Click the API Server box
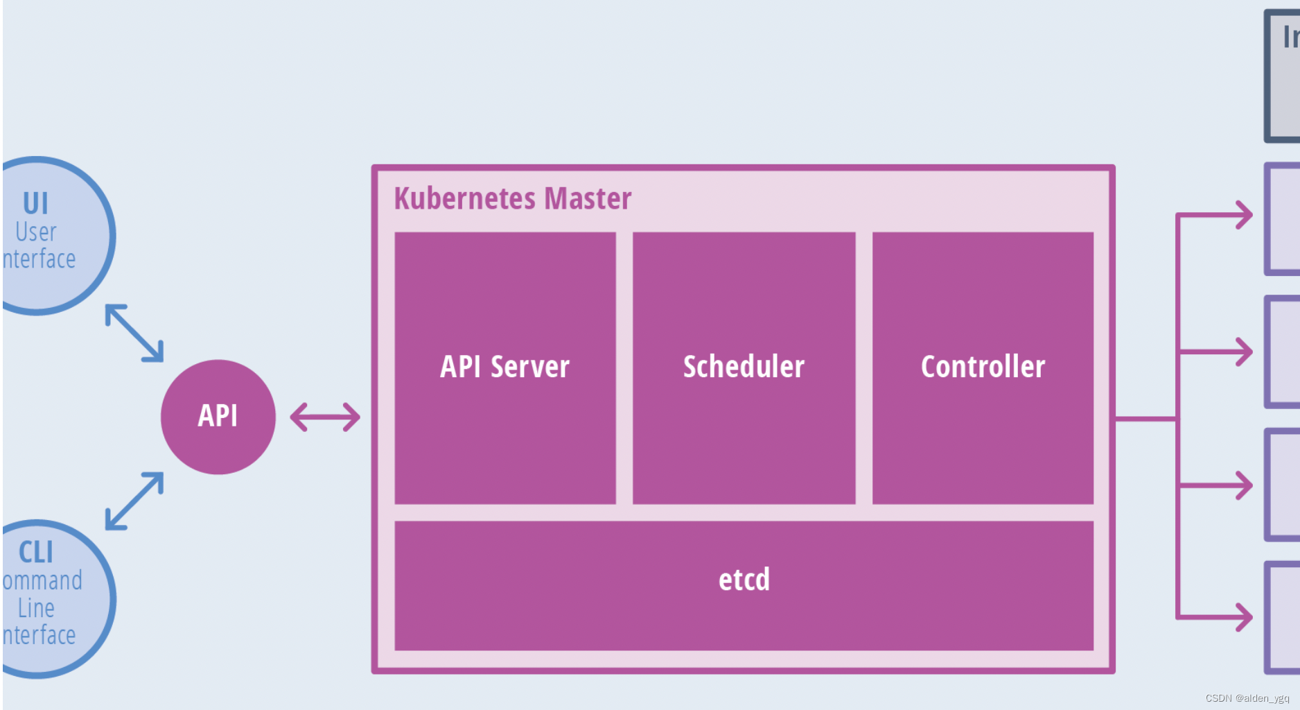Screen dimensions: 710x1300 504,367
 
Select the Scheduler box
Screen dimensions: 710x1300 744,367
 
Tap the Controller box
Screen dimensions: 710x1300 983,367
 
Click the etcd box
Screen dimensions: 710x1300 744,585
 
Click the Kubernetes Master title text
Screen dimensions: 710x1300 513,198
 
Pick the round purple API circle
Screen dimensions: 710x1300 218,417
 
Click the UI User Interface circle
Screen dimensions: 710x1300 49,236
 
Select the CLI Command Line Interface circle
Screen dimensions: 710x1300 49,598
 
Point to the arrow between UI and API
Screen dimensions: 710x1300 134,333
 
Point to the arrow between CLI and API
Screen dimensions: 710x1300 134,501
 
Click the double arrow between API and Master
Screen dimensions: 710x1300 325,417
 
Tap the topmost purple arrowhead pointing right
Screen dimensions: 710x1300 1243,215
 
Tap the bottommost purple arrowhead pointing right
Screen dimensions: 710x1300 1243,617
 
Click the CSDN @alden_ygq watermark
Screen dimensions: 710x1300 1247,698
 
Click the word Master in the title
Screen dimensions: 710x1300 588,198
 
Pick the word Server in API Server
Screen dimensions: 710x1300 529,367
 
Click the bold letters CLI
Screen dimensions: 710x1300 36,553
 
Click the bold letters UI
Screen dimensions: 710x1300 36,204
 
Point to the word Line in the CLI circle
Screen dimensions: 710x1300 36,608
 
